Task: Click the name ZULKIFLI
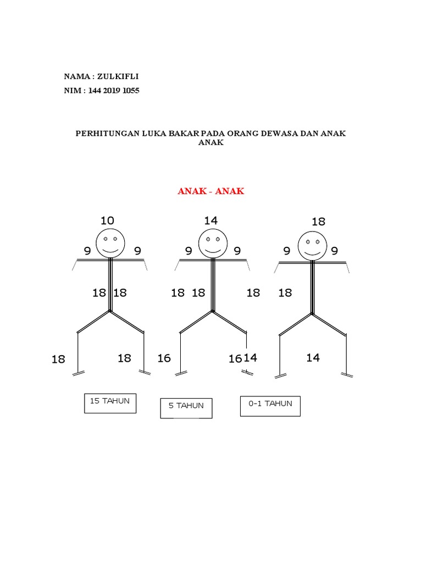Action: pyautogui.click(x=118, y=76)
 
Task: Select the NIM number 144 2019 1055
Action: pyautogui.click(x=113, y=91)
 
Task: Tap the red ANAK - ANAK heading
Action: pyautogui.click(x=211, y=191)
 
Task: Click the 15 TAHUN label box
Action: pyautogui.click(x=110, y=403)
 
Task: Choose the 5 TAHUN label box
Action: pyautogui.click(x=186, y=409)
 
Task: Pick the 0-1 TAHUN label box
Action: pyautogui.click(x=270, y=406)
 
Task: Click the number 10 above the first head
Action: pyautogui.click(x=107, y=220)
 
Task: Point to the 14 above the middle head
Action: pyautogui.click(x=211, y=220)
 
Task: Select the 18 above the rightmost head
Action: pyautogui.click(x=319, y=222)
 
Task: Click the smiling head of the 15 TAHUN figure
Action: pyautogui.click(x=110, y=244)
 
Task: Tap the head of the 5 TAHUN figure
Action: pyautogui.click(x=213, y=244)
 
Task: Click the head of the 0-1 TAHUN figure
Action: pyautogui.click(x=313, y=246)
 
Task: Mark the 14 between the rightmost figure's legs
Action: pyautogui.click(x=313, y=357)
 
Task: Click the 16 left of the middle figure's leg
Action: pyautogui.click(x=164, y=358)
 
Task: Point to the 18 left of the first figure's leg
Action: pyautogui.click(x=58, y=359)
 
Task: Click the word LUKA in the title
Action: pyautogui.click(x=154, y=134)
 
